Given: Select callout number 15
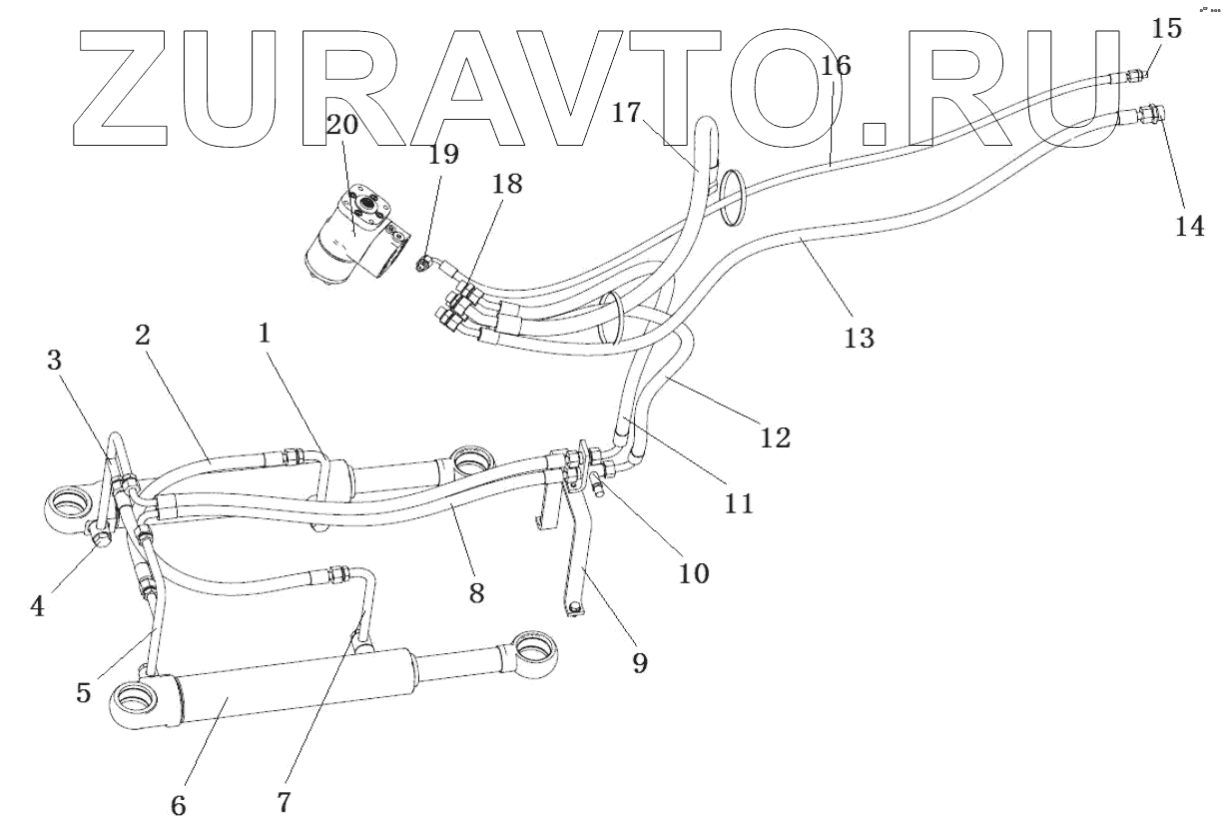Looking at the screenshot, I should [x=1166, y=28].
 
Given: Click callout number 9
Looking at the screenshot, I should [x=639, y=662].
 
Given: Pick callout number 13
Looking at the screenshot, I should [x=859, y=338].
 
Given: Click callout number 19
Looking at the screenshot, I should [x=443, y=154].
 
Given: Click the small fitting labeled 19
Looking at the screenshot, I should [x=426, y=264].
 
